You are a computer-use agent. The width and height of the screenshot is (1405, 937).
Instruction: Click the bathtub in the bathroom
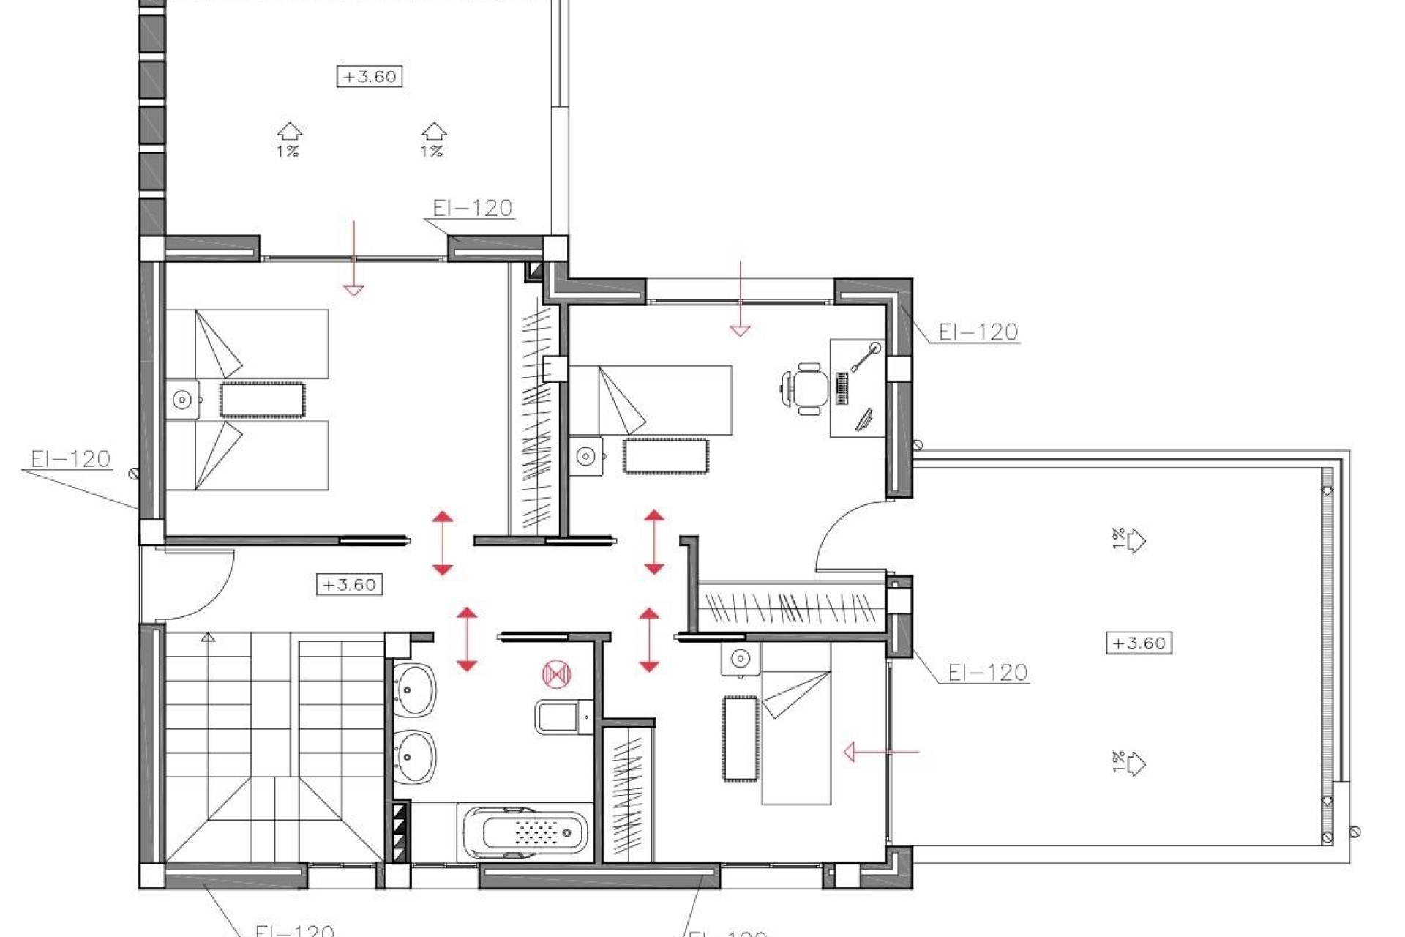pyautogui.click(x=524, y=834)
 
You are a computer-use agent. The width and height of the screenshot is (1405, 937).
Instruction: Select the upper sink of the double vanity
pyautogui.click(x=415, y=688)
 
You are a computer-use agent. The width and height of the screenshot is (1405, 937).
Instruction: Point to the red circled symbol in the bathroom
pyautogui.click(x=556, y=673)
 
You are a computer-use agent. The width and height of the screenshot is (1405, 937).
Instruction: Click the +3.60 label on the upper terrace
pyautogui.click(x=370, y=76)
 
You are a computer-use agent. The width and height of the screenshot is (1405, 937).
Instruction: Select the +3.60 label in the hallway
pyautogui.click(x=349, y=585)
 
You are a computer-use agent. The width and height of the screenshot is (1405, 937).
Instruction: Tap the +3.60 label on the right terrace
pyautogui.click(x=1139, y=643)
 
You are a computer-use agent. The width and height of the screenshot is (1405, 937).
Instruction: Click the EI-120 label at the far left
pyautogui.click(x=70, y=459)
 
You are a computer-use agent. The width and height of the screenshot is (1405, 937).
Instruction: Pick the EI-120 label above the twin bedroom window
pyautogui.click(x=472, y=208)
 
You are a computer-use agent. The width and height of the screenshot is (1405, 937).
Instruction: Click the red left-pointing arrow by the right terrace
pyautogui.click(x=880, y=752)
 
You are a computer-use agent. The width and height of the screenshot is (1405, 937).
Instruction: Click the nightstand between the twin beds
pyautogui.click(x=182, y=400)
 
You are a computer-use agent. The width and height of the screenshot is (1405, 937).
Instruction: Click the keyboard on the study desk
pyautogui.click(x=842, y=389)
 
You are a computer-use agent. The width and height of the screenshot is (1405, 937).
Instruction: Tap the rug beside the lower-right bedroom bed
pyautogui.click(x=741, y=738)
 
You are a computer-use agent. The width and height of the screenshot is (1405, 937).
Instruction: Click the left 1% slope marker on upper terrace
pyautogui.click(x=289, y=140)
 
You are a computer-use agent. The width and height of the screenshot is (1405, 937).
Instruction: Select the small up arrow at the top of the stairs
pyautogui.click(x=208, y=638)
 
